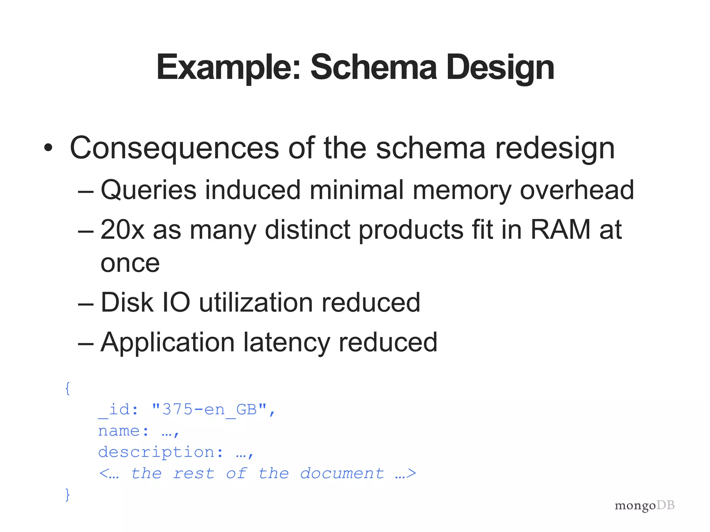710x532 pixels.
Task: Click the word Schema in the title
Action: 373,67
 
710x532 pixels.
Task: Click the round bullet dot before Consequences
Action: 49,148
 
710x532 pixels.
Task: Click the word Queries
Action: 148,190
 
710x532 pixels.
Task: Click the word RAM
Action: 560,229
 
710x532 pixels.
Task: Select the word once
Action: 130,264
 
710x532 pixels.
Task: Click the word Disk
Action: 127,302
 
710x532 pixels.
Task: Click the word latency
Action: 286,343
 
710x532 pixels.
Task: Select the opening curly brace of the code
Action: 68,389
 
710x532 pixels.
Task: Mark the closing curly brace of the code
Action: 68,494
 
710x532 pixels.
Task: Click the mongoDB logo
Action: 644,505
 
